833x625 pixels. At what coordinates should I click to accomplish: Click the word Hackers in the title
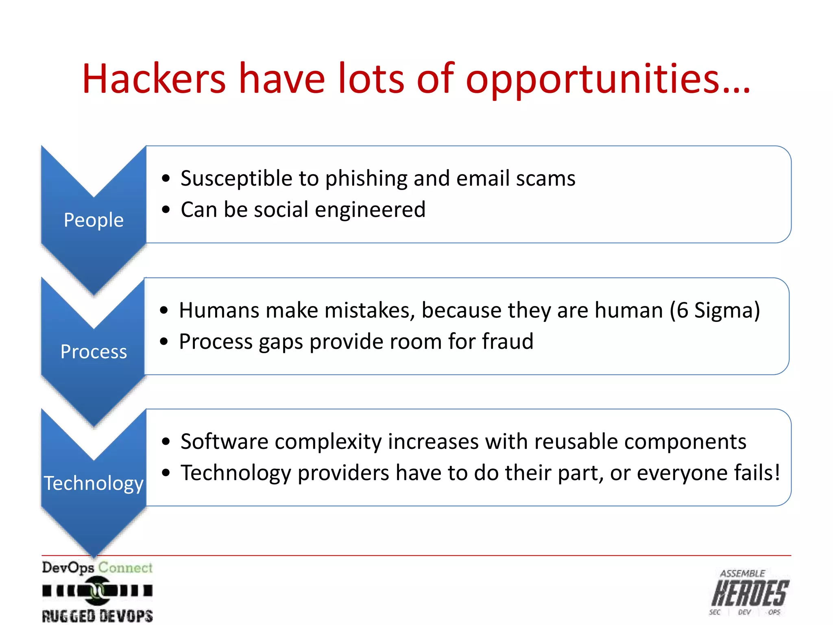point(154,79)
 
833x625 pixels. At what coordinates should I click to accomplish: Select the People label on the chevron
point(94,220)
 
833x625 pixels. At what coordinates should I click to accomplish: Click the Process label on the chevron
point(94,352)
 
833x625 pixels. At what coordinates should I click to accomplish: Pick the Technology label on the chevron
point(94,483)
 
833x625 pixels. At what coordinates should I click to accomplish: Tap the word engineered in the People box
point(370,210)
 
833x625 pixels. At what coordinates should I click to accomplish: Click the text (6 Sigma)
point(715,310)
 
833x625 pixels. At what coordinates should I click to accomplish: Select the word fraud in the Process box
point(507,341)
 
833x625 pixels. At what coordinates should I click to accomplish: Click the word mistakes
point(370,310)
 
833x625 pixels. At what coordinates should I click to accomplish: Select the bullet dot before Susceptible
point(166,178)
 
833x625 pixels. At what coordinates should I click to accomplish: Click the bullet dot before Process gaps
point(164,341)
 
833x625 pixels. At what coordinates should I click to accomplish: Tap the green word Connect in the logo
point(125,568)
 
